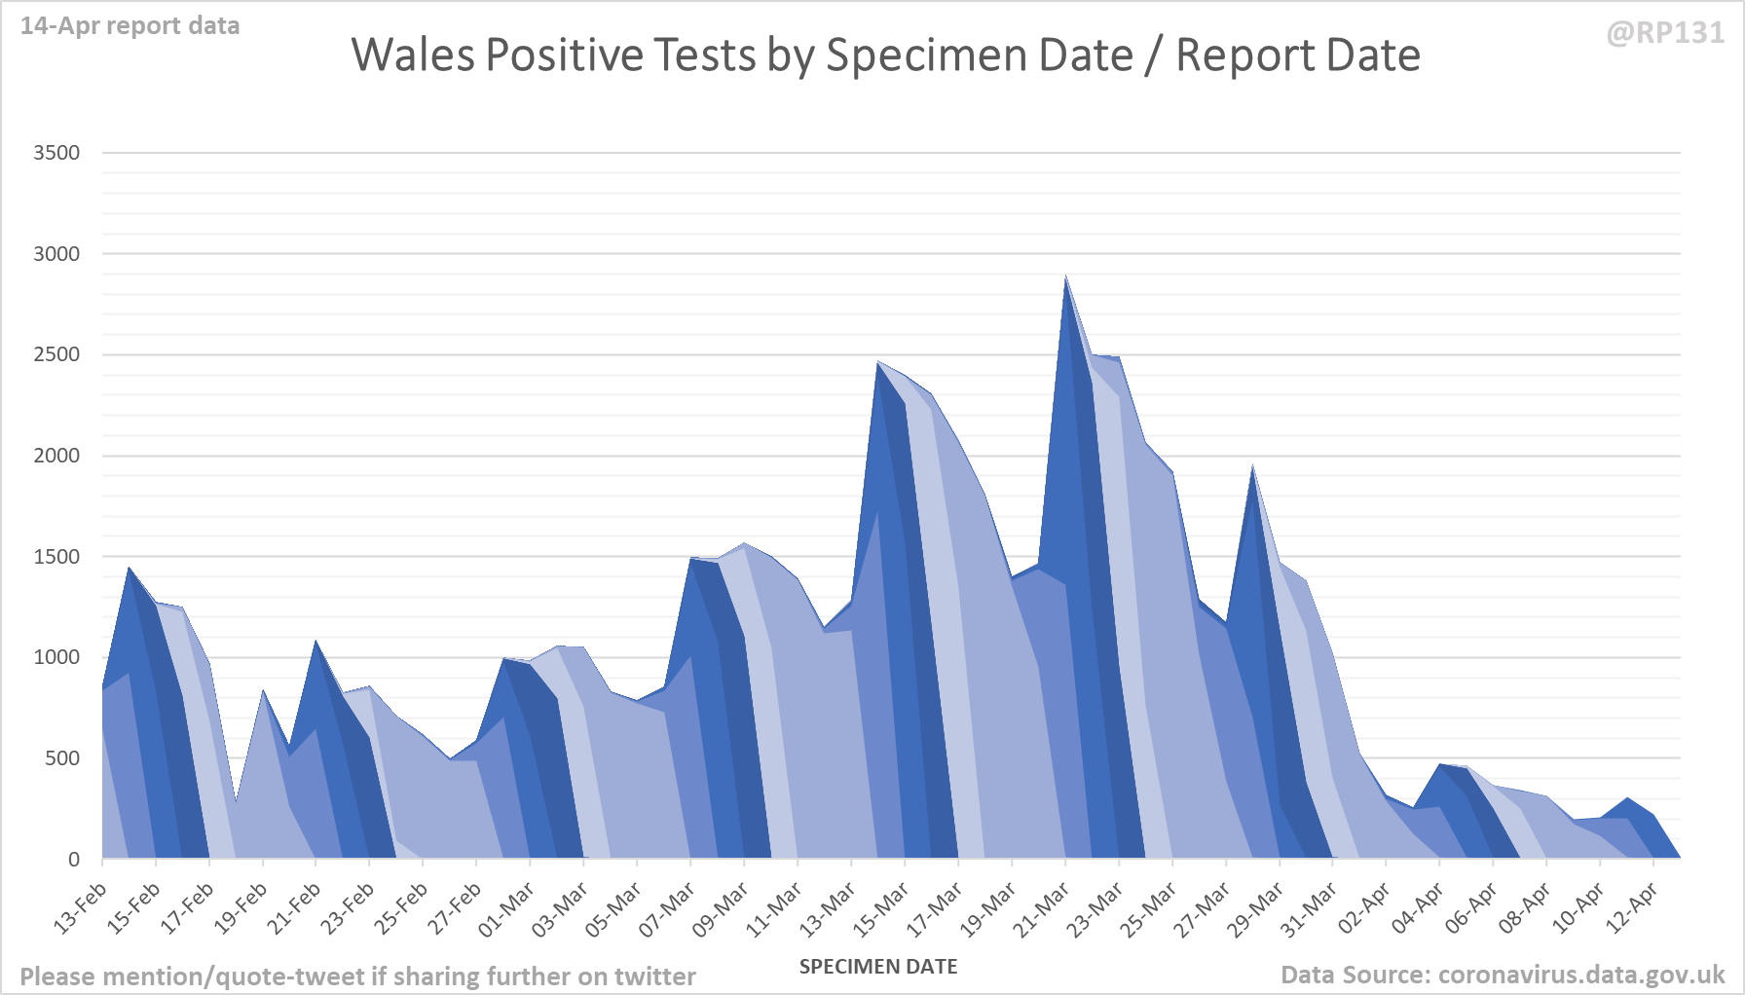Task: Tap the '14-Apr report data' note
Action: coord(130,26)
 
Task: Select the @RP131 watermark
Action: coord(1664,33)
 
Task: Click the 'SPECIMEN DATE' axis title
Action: coord(877,967)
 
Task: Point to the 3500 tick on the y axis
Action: coord(56,153)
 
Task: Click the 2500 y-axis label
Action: coord(56,354)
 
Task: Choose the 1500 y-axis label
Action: coord(56,557)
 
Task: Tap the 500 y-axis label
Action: coord(61,758)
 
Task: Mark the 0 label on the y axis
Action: coord(74,860)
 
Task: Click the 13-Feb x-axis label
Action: coord(81,909)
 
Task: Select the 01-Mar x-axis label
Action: coord(506,911)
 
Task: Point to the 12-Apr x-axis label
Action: coord(1631,909)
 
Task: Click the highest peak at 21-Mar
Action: coord(1066,277)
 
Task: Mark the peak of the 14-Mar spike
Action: coord(878,363)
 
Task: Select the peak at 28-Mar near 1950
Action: coord(1253,467)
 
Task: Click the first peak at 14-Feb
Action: coord(130,569)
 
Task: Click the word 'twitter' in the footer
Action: coord(654,977)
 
